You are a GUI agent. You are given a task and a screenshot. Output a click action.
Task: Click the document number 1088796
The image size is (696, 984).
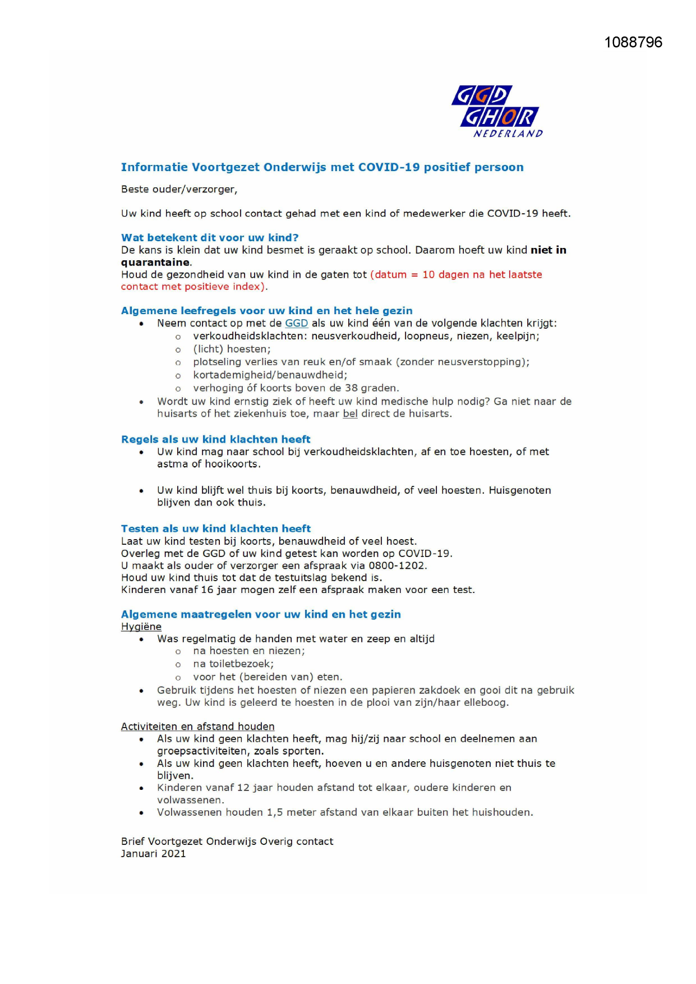[x=633, y=43]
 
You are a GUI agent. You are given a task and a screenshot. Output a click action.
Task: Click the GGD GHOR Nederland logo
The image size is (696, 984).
[x=497, y=111]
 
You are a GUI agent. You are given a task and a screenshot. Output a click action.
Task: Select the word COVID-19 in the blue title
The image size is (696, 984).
[x=389, y=167]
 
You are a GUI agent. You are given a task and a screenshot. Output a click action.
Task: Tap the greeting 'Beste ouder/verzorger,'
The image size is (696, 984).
[x=179, y=190]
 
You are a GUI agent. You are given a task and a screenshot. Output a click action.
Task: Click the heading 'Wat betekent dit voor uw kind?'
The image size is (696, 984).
[x=210, y=237]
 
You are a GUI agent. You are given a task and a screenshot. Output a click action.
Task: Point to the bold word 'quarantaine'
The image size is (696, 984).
[x=155, y=263]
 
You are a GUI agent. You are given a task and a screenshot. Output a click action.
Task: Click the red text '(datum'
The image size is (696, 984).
[x=388, y=275]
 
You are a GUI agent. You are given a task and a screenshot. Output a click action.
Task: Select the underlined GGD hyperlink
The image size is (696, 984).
[x=296, y=323]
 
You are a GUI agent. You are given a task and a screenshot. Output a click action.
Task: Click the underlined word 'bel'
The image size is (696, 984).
[x=350, y=414]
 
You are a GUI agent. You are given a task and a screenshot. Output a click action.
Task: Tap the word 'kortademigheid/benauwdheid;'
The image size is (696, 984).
[x=270, y=375]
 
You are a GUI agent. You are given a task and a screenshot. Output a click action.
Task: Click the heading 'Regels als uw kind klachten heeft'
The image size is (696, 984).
[x=215, y=439]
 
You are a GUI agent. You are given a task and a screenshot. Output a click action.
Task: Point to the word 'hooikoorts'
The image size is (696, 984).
[x=232, y=464]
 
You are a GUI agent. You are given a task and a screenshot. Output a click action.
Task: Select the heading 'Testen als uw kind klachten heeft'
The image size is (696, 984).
[x=215, y=528]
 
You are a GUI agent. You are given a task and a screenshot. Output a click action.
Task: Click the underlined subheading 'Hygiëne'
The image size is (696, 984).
[x=141, y=627]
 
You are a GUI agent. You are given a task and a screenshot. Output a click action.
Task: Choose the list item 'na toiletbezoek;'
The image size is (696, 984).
[x=233, y=664]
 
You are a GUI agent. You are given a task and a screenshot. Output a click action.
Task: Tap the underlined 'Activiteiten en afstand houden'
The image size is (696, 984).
[x=197, y=726]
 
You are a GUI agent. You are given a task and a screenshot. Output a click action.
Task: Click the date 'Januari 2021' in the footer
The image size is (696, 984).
[x=153, y=854]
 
